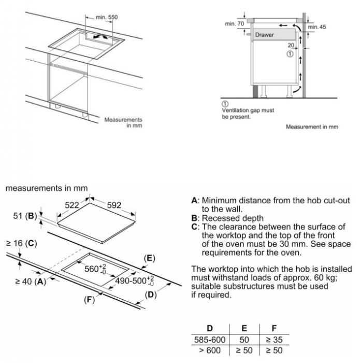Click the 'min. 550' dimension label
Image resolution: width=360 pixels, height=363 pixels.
click(x=107, y=17)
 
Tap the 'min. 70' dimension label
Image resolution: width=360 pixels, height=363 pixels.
click(x=234, y=24)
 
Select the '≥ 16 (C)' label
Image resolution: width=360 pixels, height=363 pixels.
click(x=21, y=243)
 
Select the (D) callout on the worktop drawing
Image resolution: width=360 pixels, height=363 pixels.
click(x=150, y=296)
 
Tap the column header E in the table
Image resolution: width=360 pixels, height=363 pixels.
click(x=244, y=328)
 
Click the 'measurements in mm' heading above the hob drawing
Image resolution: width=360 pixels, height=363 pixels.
click(x=47, y=188)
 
